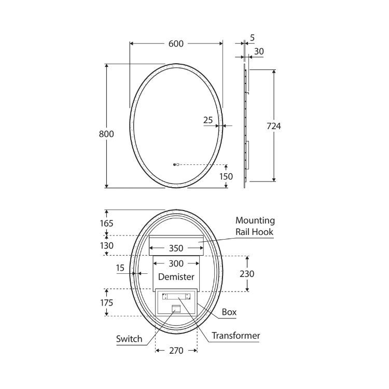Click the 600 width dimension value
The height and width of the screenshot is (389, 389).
point(176,44)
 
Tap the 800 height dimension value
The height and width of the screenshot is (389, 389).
point(106,134)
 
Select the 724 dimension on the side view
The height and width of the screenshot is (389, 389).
point(274,126)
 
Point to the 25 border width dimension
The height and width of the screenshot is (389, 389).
point(208,120)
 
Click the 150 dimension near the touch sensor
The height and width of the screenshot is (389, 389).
point(226,176)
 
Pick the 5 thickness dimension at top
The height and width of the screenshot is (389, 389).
point(252,38)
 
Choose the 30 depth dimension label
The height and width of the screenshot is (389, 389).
point(259,51)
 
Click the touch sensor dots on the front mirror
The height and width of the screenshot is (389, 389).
point(176,164)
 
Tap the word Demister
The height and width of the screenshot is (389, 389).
point(176,276)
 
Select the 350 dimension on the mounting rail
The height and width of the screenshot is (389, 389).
point(176,248)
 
